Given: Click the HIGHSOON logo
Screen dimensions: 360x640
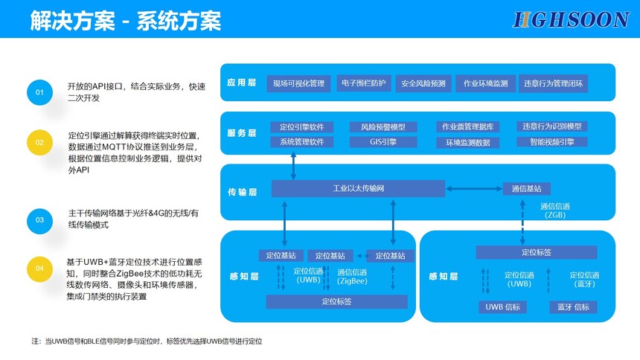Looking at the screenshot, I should (x=571, y=19).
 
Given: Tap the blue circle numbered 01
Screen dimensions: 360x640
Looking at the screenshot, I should (x=39, y=92).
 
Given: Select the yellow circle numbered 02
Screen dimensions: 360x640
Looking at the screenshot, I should (x=39, y=141).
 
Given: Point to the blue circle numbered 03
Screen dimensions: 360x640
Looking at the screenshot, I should (x=39, y=219).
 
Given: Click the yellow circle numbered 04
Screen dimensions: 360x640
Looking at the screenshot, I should (x=39, y=268).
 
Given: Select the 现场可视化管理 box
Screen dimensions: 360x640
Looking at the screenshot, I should (x=298, y=83).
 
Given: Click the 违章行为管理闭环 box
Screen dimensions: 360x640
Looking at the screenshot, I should (x=553, y=83).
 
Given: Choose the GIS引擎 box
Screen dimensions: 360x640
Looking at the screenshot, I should (x=383, y=142).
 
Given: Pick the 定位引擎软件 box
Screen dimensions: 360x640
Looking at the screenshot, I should (x=301, y=126).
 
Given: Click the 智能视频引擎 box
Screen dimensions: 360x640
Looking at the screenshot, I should (x=552, y=142).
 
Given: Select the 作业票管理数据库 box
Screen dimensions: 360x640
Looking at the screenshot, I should (x=467, y=126).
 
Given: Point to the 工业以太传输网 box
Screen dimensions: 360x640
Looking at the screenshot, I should (x=357, y=189).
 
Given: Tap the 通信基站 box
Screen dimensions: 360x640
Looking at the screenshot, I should (x=527, y=189).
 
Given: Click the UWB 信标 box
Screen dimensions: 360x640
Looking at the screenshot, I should (x=502, y=307).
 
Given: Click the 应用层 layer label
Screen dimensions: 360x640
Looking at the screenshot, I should (x=242, y=83).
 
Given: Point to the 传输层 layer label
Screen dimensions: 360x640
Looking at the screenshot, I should (x=242, y=192).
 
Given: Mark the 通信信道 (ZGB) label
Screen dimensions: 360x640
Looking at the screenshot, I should (x=554, y=210).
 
